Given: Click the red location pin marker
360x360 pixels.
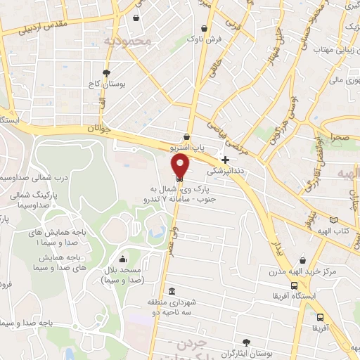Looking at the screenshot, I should (x=180, y=165).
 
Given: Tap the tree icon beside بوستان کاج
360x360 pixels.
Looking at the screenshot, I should (x=106, y=72).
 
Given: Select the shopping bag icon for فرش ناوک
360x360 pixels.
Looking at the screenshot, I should (x=204, y=29).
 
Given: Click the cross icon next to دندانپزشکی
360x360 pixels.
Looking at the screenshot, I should (x=225, y=160).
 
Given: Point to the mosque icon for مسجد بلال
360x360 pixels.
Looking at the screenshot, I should (x=123, y=258).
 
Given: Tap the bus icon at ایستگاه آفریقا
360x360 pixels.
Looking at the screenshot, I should (x=294, y=286).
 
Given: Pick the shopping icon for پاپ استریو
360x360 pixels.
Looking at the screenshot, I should (x=186, y=137).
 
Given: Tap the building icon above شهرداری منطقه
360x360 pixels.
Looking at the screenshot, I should (x=172, y=291).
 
